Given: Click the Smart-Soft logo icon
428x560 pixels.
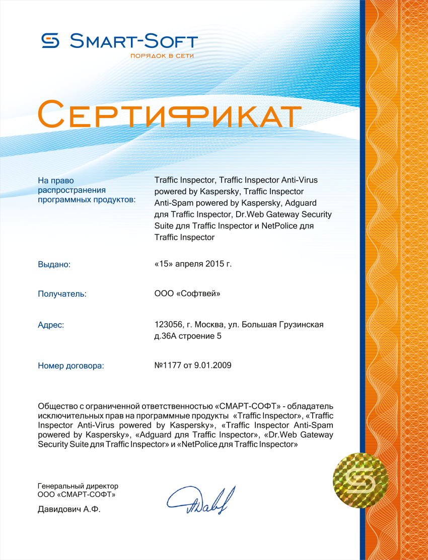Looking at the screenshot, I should point(50,41).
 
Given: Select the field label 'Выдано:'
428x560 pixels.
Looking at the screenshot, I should point(54,264).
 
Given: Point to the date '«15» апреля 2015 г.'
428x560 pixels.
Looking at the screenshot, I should point(192,263).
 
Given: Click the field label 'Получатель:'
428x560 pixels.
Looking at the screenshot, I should point(62,294).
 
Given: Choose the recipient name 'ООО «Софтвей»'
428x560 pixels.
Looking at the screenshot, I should point(187,293).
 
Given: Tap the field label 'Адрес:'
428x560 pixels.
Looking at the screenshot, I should point(51,325).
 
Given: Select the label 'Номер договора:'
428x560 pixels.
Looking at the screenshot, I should point(70,366).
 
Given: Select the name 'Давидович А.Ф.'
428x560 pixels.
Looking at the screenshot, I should point(69,510).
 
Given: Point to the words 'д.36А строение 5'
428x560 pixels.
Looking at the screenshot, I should point(187,336).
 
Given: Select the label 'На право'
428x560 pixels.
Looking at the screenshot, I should point(55,180).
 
